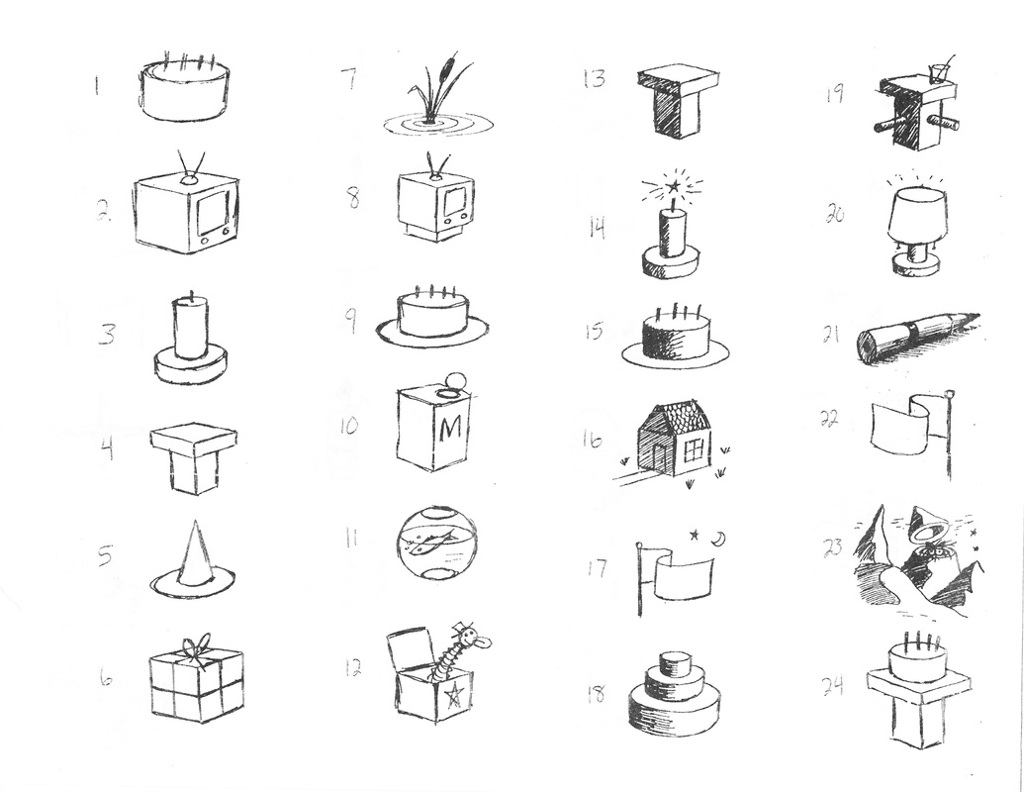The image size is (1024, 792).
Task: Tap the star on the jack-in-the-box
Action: [x=452, y=695]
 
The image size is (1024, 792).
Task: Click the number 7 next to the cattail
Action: [x=349, y=80]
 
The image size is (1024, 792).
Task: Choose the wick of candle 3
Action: [x=192, y=294]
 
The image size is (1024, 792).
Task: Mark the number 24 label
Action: [x=833, y=686]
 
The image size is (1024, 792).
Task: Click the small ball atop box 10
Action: [x=453, y=378]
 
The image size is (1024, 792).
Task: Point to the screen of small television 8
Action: [x=455, y=200]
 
